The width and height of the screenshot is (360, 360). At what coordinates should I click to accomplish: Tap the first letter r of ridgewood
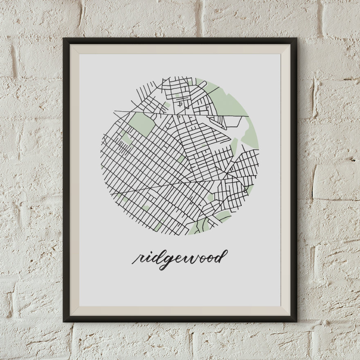tap(138, 259)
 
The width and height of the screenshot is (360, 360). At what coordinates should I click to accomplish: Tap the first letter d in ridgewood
tap(156, 257)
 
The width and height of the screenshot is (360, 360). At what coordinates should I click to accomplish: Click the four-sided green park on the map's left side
tap(142, 124)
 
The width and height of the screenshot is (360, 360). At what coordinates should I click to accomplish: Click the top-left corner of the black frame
tap(64, 39)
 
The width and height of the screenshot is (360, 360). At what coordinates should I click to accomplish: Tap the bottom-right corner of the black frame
tap(296, 320)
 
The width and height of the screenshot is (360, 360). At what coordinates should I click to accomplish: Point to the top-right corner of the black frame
tap(296, 39)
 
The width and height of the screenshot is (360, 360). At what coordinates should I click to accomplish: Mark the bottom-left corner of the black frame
tap(64, 320)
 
